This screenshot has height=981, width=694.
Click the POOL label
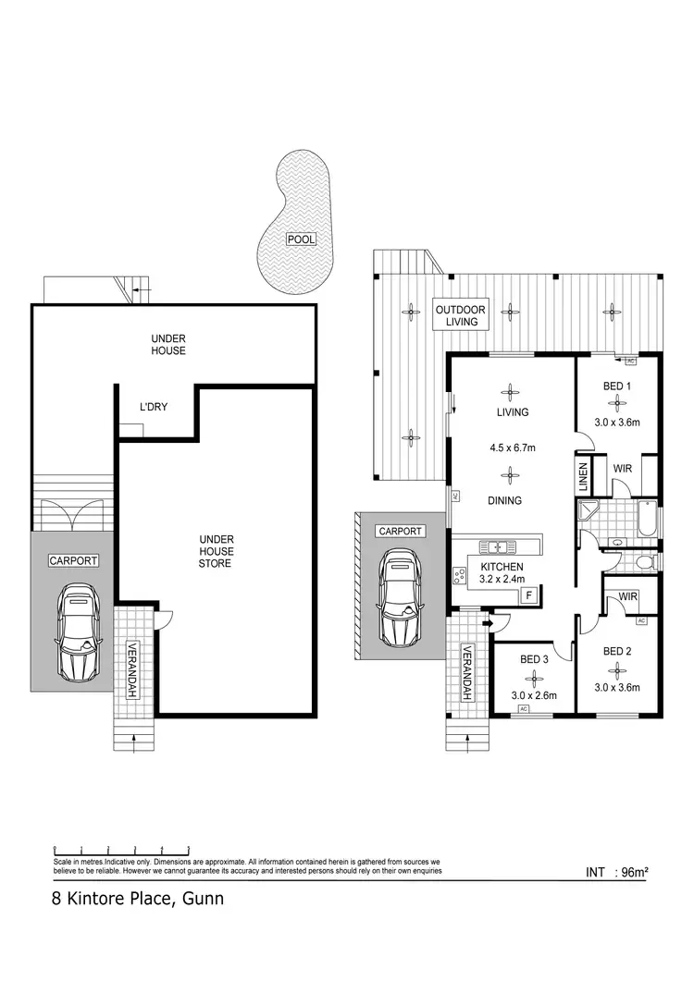pyautogui.click(x=301, y=239)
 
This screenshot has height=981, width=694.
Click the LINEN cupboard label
pyautogui.click(x=584, y=477)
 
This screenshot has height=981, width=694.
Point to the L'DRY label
pyautogui.click(x=153, y=407)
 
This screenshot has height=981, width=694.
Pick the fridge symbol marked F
pyautogui.click(x=528, y=595)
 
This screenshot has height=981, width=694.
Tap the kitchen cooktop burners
pyautogui.click(x=460, y=577)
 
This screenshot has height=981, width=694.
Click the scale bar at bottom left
pyautogui.click(x=121, y=849)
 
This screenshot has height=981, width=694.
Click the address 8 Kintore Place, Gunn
pyautogui.click(x=138, y=899)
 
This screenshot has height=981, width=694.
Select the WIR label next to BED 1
pyautogui.click(x=622, y=469)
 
